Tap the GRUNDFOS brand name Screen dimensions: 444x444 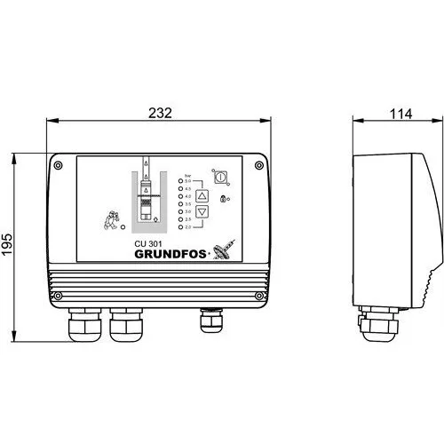171,253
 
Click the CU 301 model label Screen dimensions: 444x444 150,241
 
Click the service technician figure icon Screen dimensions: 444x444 110,220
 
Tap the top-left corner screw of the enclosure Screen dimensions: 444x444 59,164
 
